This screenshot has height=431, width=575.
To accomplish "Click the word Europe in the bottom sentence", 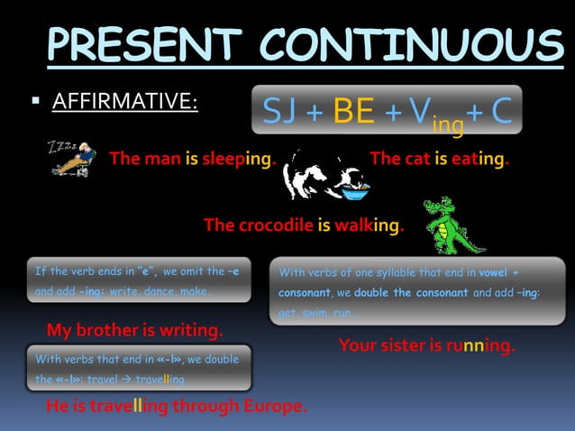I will (272, 407).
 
